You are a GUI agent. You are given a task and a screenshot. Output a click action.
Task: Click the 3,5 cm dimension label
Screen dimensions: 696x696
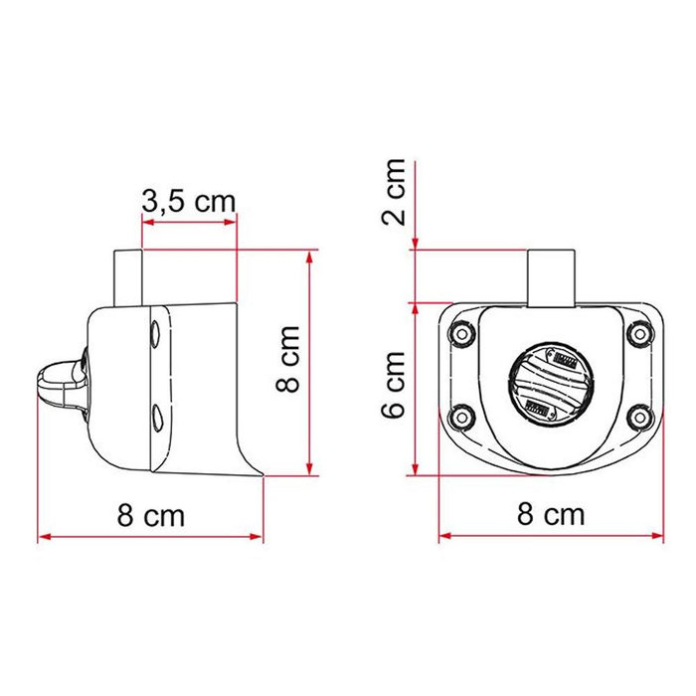point(188,201)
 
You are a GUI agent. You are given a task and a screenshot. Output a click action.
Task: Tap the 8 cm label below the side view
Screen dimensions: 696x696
point(151,515)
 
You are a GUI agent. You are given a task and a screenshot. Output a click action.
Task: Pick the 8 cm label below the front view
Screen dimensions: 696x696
point(551,514)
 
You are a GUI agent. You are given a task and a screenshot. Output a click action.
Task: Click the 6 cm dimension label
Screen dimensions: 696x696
point(397,383)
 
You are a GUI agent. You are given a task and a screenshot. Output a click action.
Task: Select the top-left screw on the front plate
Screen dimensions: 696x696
point(460,335)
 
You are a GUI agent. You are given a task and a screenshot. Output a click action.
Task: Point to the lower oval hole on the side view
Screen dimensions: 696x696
point(156,414)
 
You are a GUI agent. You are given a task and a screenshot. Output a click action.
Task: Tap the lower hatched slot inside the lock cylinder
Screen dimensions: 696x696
point(538,405)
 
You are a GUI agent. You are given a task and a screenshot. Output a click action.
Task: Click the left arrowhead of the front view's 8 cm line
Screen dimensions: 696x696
point(443,537)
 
